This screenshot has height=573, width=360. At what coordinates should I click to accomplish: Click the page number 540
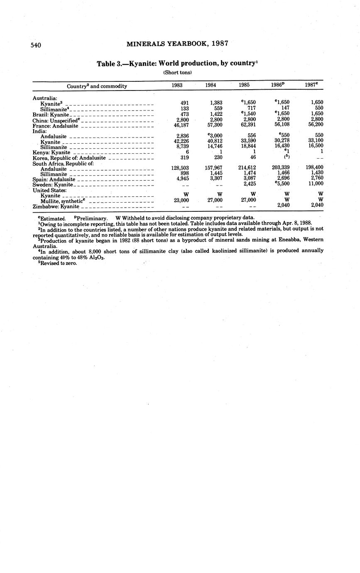pos(36,45)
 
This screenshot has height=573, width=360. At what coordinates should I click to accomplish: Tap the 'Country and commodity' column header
pos(97,86)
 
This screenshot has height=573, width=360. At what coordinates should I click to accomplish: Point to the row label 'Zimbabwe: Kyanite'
pos(56,206)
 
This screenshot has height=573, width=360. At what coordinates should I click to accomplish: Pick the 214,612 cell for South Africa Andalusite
pos(247,168)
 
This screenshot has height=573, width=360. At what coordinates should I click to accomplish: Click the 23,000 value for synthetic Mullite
pos(180,200)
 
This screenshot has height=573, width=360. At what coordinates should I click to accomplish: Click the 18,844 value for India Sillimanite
pos(248,147)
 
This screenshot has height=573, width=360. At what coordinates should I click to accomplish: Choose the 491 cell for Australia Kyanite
pos(185,103)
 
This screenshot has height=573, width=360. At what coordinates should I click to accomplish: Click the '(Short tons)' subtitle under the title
pos(174,73)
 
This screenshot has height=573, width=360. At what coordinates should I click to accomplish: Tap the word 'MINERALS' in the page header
pos(146,43)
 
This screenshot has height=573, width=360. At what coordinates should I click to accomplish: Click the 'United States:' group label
pos(49,190)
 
